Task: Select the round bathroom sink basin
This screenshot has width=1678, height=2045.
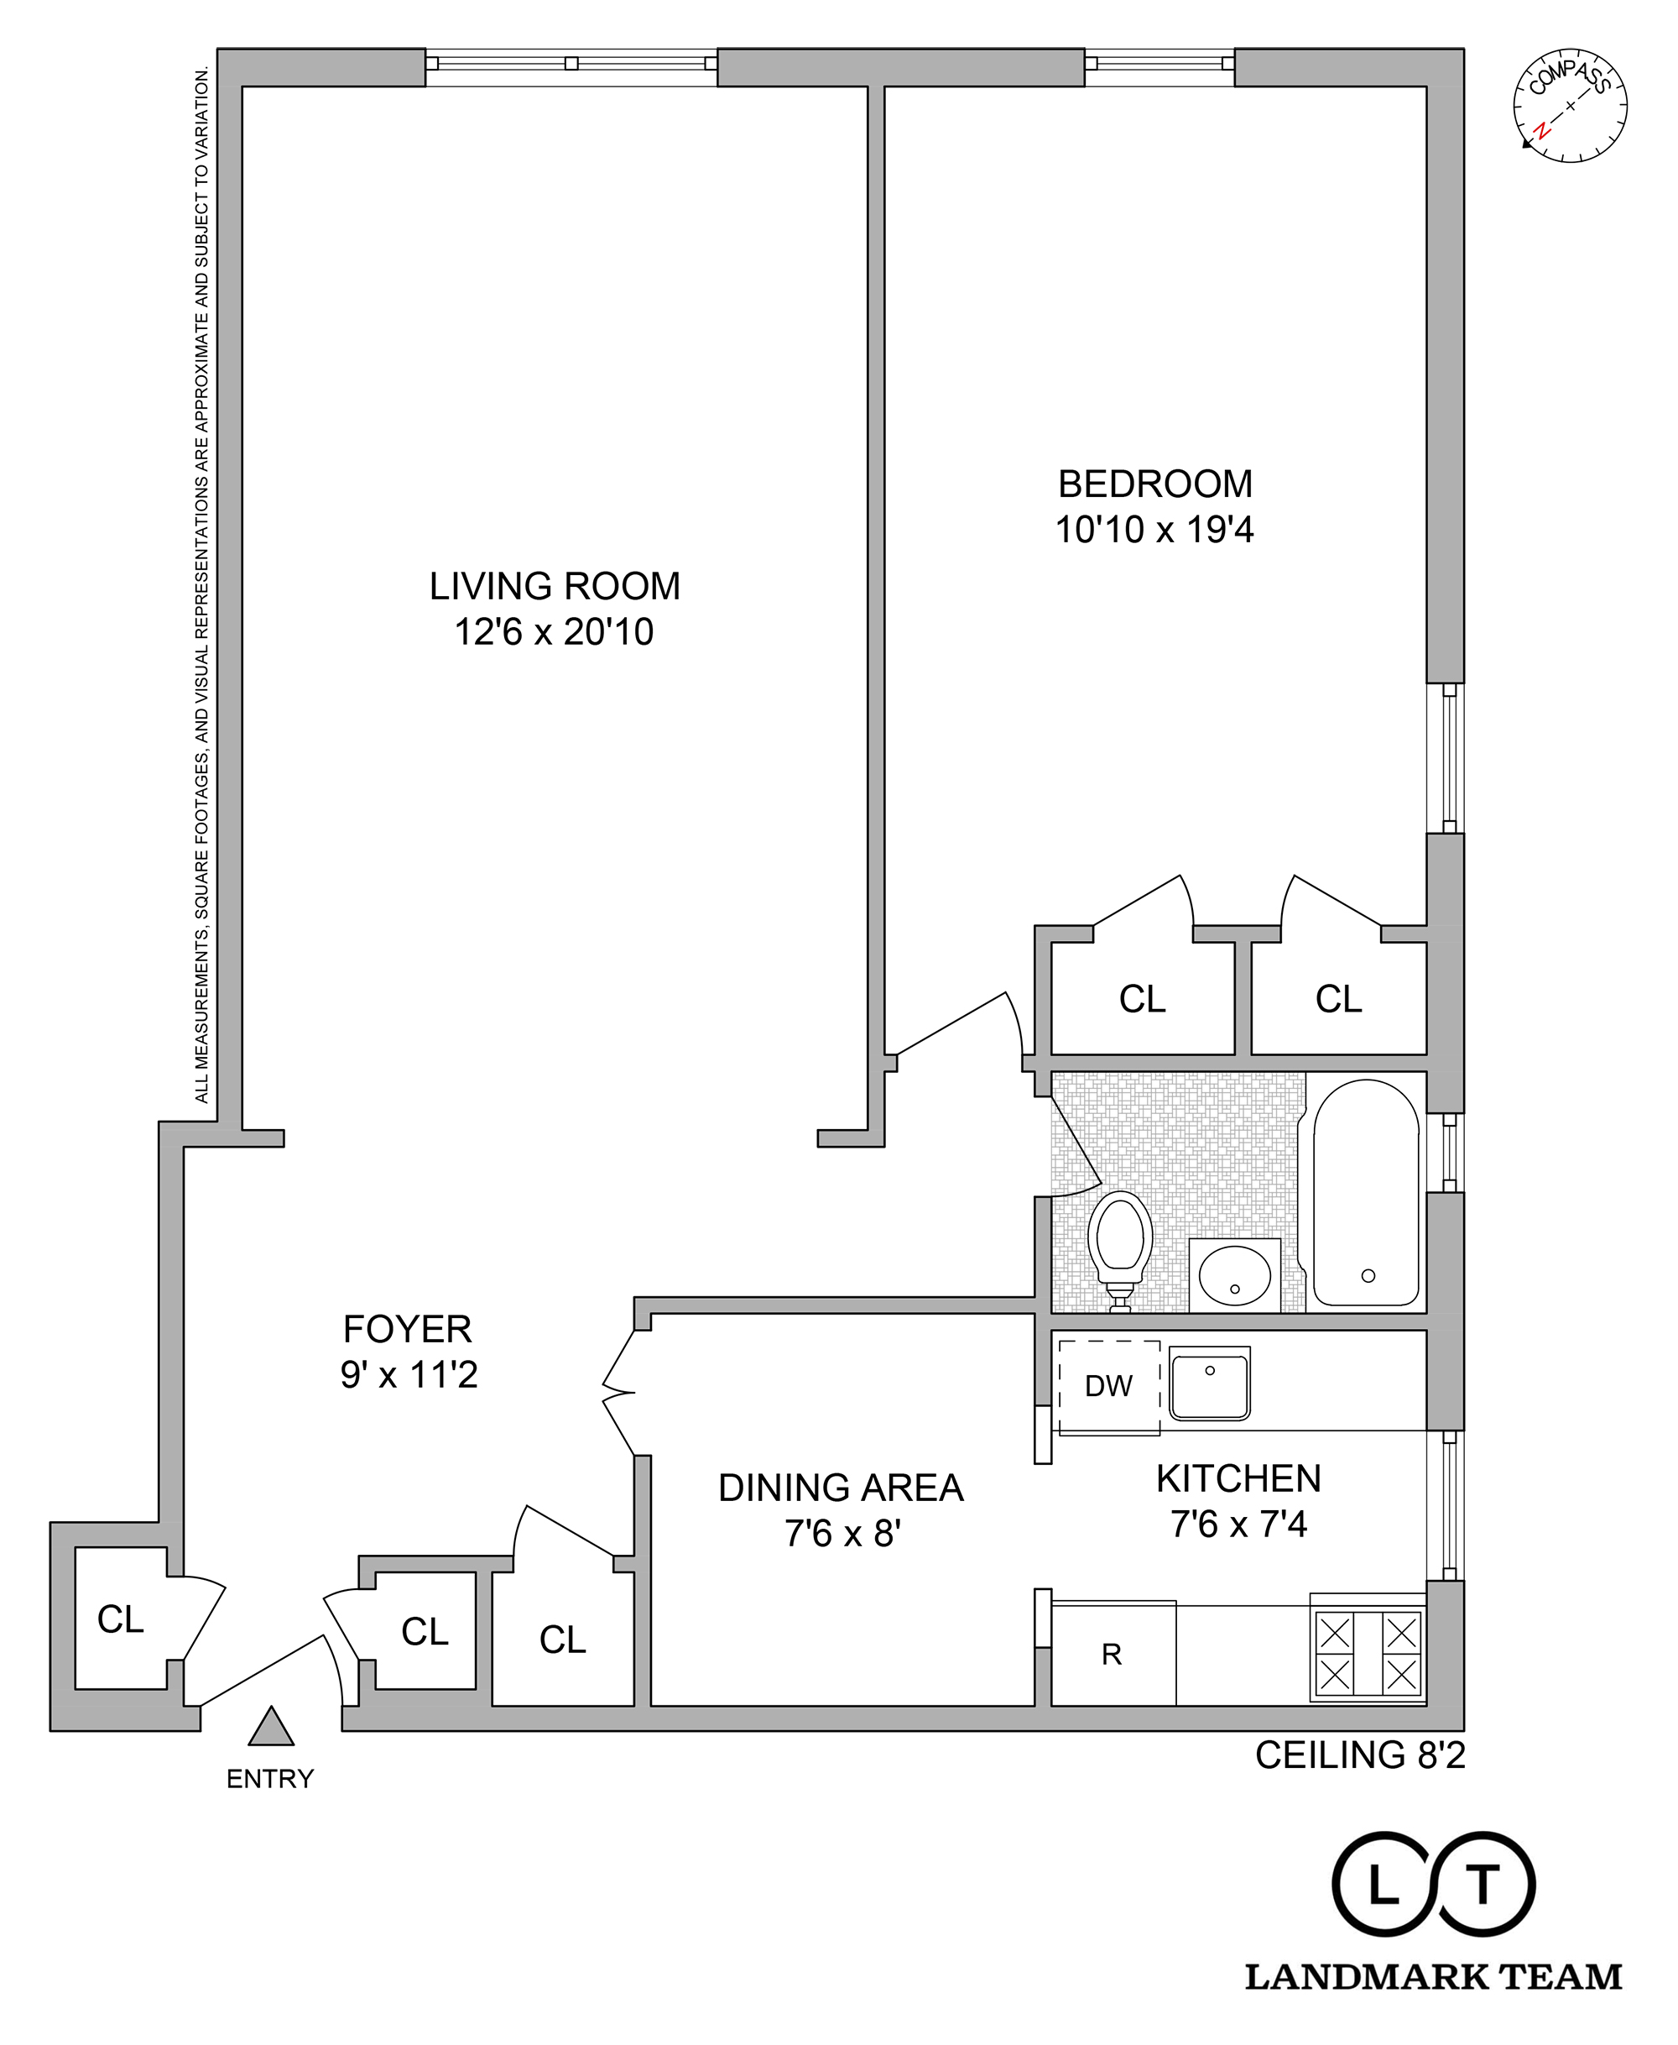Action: [1234, 1275]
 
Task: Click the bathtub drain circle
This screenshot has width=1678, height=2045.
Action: [1368, 1275]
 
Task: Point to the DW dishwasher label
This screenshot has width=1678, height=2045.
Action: [1108, 1387]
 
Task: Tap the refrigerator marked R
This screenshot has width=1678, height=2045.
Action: [1112, 1655]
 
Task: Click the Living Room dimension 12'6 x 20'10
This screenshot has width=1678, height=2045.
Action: [554, 632]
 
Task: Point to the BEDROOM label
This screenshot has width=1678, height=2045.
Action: [1155, 484]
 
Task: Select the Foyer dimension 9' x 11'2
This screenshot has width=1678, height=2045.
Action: [409, 1374]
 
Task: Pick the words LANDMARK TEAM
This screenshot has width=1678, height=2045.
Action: [1434, 1977]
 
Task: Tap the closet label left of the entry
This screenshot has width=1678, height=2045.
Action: [121, 1619]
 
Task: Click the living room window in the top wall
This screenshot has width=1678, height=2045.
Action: [571, 64]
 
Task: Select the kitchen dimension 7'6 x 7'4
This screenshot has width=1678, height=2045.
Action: [1238, 1525]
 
